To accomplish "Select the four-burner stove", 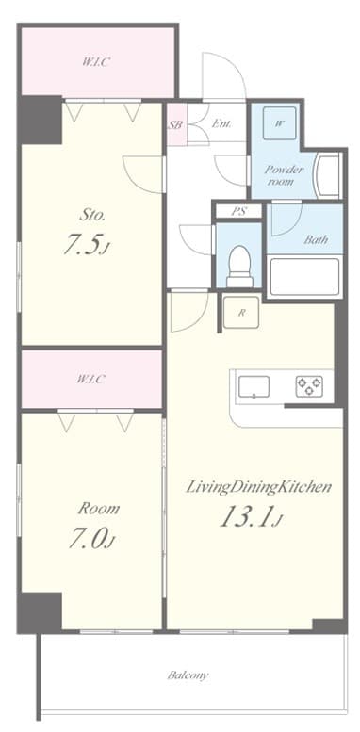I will point(309,387).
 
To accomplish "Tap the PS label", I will point(239,212).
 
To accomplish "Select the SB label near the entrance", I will point(175,123).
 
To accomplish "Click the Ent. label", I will point(222,123).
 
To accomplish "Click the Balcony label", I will point(188,675).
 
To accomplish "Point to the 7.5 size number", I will point(84,246).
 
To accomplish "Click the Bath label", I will point(315,239).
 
